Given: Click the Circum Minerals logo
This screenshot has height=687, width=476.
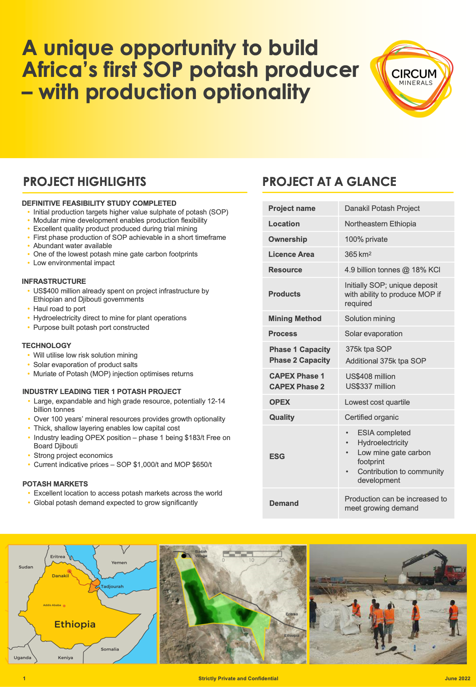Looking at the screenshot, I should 413,78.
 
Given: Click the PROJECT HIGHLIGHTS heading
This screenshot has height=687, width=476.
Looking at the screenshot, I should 84,182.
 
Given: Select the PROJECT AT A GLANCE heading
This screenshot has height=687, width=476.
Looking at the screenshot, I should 329,182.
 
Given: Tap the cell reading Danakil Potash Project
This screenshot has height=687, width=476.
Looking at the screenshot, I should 382,209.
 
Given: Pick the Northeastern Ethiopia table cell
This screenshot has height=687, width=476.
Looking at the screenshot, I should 380,224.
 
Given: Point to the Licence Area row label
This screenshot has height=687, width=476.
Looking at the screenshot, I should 291,255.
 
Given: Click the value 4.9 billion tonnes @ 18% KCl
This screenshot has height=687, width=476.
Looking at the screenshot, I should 392,270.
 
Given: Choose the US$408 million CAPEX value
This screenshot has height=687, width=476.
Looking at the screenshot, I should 370,376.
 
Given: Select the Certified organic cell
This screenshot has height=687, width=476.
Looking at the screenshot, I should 371,417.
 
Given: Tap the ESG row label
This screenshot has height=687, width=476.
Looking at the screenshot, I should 277,456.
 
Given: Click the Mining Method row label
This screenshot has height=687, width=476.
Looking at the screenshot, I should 295,319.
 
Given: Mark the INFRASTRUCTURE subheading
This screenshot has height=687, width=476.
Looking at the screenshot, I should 54,281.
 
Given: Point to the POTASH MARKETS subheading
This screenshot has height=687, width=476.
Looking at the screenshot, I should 55,484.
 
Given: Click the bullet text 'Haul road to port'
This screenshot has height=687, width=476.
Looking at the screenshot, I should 59,309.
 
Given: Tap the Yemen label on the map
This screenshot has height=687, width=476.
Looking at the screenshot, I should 119,563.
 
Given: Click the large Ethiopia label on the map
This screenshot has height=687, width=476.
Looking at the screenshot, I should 75,624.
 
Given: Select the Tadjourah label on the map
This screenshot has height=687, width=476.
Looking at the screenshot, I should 112,586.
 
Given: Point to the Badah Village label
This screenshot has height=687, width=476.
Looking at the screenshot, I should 201,553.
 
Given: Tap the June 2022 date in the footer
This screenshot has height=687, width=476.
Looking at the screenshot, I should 457,678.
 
